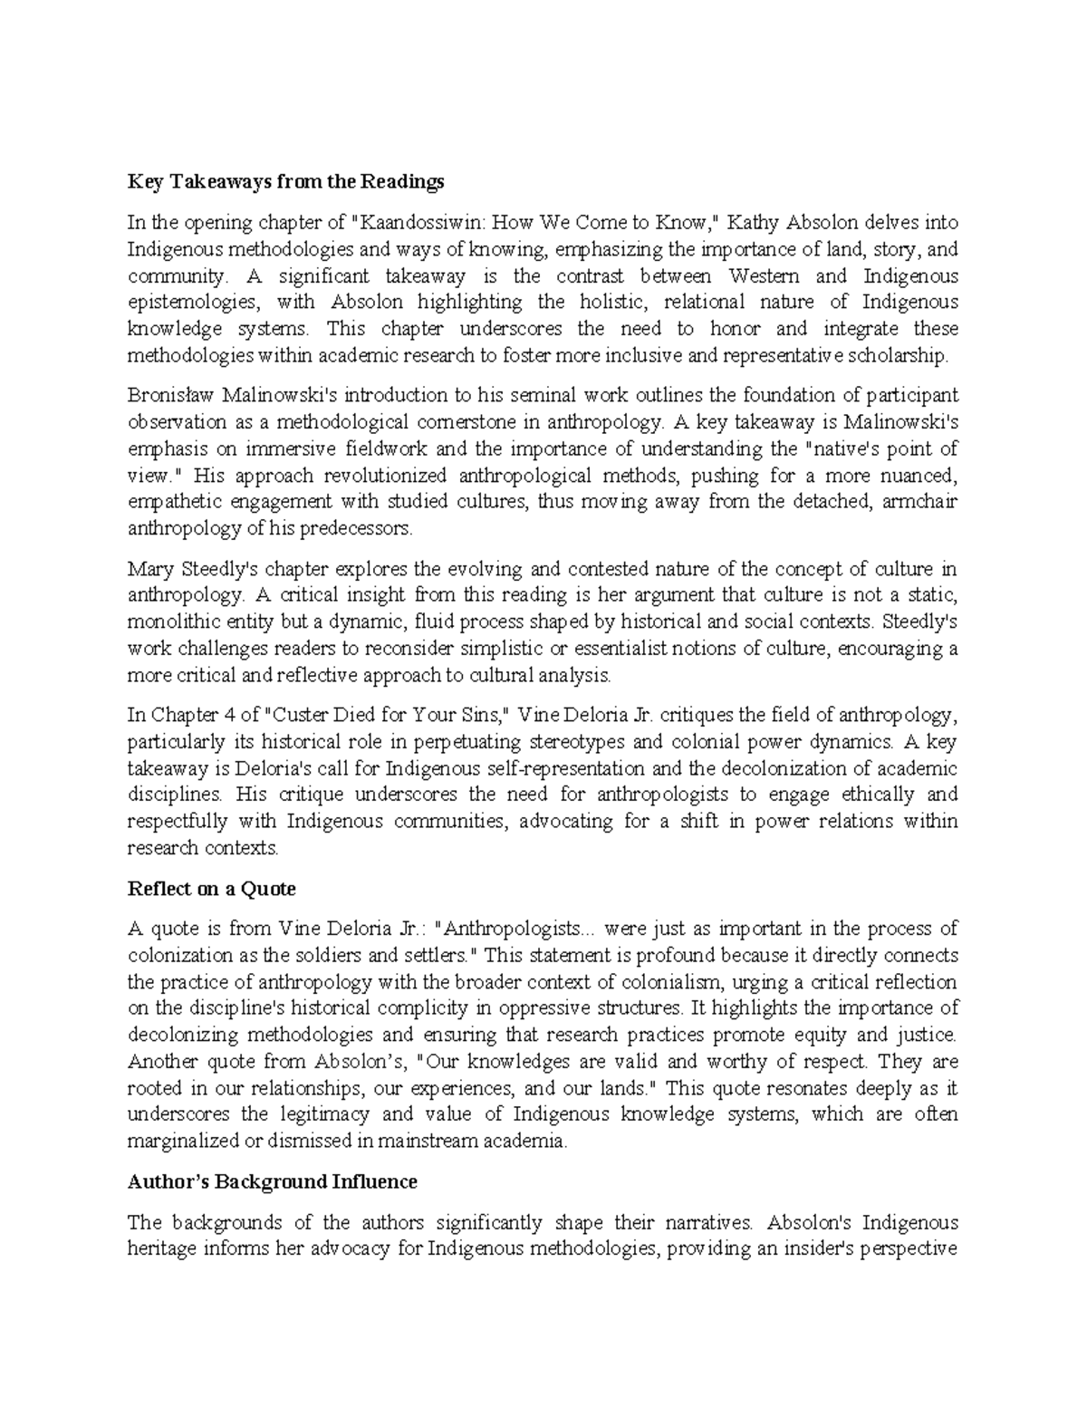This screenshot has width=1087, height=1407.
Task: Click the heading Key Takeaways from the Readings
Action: pyautogui.click(x=285, y=182)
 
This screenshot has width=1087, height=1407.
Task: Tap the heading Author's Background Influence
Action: pyautogui.click(x=272, y=1181)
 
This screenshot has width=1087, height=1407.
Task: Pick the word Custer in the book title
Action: pyautogui.click(x=295, y=714)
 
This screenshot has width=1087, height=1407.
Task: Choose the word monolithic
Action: pyautogui.click(x=174, y=622)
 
